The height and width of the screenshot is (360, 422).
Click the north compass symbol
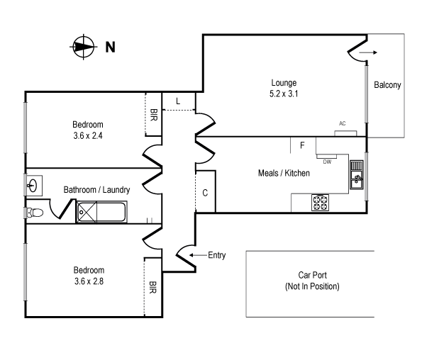[83, 47]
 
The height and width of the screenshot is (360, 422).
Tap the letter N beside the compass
[110, 47]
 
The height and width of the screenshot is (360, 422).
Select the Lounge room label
[283, 82]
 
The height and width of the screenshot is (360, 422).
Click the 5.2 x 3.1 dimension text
[283, 93]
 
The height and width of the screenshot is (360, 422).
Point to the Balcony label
[387, 85]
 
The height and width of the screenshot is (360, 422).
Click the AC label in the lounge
[343, 123]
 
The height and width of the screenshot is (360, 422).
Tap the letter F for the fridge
[302, 145]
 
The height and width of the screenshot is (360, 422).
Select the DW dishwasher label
[327, 162]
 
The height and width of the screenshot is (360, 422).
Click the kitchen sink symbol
[357, 175]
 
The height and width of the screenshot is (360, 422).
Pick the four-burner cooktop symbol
[321, 203]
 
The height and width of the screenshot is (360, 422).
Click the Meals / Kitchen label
[283, 173]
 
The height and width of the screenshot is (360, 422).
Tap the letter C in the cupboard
[205, 192]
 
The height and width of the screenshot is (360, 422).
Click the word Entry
[216, 255]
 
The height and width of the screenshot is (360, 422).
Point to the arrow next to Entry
[198, 255]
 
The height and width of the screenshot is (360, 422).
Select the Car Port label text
[312, 281]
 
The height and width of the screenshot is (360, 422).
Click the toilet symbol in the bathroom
[35, 212]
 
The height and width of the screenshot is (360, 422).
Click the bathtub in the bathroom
[101, 211]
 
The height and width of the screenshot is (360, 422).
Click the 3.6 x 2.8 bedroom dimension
[89, 281]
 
